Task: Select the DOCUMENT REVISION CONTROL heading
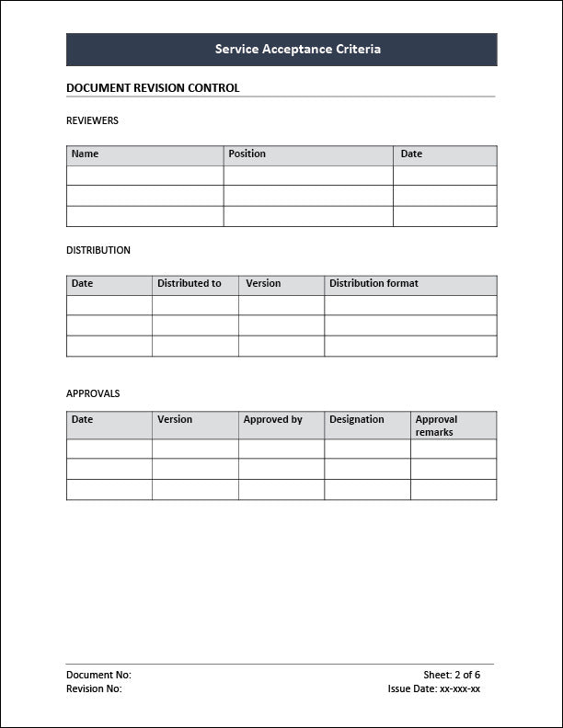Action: click(153, 88)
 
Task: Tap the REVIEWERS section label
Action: click(92, 120)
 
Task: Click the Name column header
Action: click(85, 154)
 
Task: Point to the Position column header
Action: click(247, 154)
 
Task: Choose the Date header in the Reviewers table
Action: click(411, 154)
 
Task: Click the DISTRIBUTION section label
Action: click(98, 250)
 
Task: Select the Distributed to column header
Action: click(190, 284)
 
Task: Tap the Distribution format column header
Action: click(373, 284)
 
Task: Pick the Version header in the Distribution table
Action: click(263, 284)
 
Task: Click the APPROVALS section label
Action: click(93, 393)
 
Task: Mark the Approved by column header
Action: click(272, 420)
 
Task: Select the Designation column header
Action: click(357, 420)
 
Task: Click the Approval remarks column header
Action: click(436, 426)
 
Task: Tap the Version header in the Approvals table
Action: click(175, 420)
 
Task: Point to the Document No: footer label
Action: click(98, 675)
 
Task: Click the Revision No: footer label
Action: click(94, 688)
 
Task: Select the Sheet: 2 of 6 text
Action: click(452, 675)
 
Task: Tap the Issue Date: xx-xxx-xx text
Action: click(434, 688)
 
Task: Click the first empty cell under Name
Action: click(144, 176)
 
